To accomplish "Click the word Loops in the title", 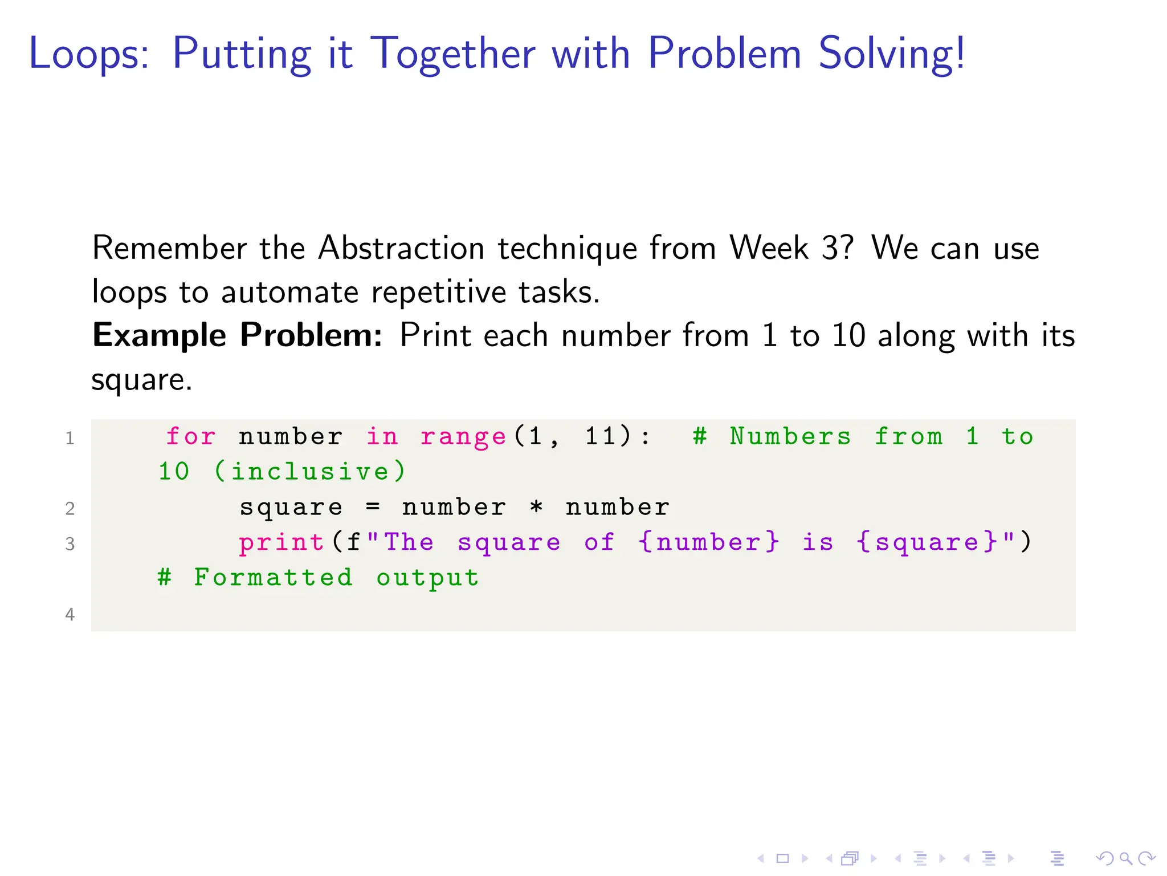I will click(x=89, y=54).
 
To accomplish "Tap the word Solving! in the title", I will click(x=892, y=54).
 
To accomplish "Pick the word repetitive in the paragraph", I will click(x=438, y=292).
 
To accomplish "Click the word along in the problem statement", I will click(x=916, y=335).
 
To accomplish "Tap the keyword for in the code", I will click(x=191, y=437).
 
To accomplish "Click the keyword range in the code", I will click(x=463, y=437).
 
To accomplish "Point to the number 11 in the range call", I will click(x=600, y=436).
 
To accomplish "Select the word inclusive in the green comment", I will click(x=310, y=472).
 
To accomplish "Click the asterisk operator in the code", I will click(x=536, y=507).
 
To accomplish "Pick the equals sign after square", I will click(x=373, y=507).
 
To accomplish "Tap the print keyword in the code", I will click(x=281, y=542).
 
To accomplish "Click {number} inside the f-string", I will click(x=708, y=542).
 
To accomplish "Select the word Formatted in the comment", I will click(x=273, y=578).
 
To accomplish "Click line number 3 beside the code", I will click(x=70, y=544).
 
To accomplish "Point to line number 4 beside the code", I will click(x=70, y=614).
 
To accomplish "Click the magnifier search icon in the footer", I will click(x=1125, y=858).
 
